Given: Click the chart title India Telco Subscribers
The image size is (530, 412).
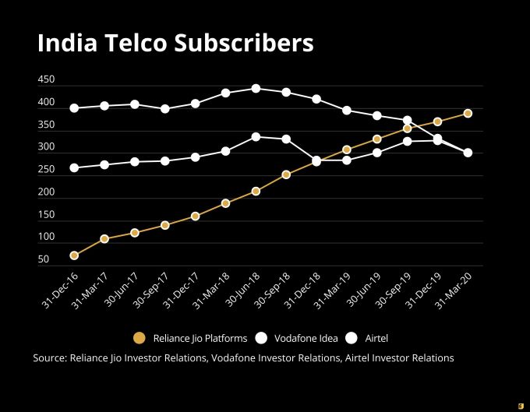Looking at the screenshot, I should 175,44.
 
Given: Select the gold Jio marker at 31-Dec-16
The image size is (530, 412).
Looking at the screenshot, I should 74,255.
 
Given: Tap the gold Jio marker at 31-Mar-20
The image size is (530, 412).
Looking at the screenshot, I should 468,113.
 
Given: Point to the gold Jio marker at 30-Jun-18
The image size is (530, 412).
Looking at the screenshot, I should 256,191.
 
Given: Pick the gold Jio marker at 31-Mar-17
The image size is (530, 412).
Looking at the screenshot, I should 104,238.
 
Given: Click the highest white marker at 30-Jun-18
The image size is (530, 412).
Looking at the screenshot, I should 256,89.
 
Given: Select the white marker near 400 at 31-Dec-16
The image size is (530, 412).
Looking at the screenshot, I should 74,108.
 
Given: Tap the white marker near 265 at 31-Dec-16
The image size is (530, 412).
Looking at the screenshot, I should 74,167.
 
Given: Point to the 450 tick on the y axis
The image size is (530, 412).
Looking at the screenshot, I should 46,80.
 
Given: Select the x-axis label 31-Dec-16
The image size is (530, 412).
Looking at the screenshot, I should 62,289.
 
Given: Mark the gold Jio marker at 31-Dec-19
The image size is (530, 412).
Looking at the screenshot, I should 437,121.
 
